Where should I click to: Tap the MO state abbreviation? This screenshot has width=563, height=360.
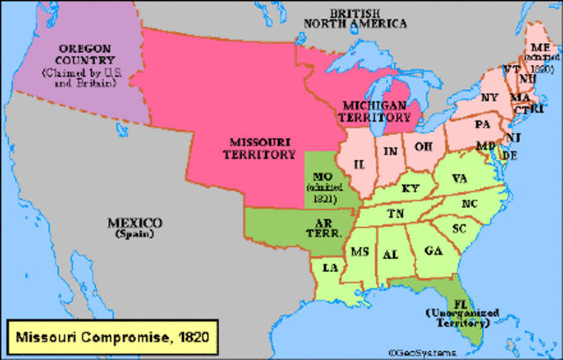point(321,176)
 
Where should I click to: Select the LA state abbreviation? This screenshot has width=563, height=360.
point(330,267)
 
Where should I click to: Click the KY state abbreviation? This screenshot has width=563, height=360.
point(410,187)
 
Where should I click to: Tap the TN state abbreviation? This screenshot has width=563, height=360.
point(397,213)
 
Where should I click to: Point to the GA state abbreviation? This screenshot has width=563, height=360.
point(433,250)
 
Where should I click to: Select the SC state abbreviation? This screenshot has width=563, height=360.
point(458,228)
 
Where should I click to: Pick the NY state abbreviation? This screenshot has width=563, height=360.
point(489,97)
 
